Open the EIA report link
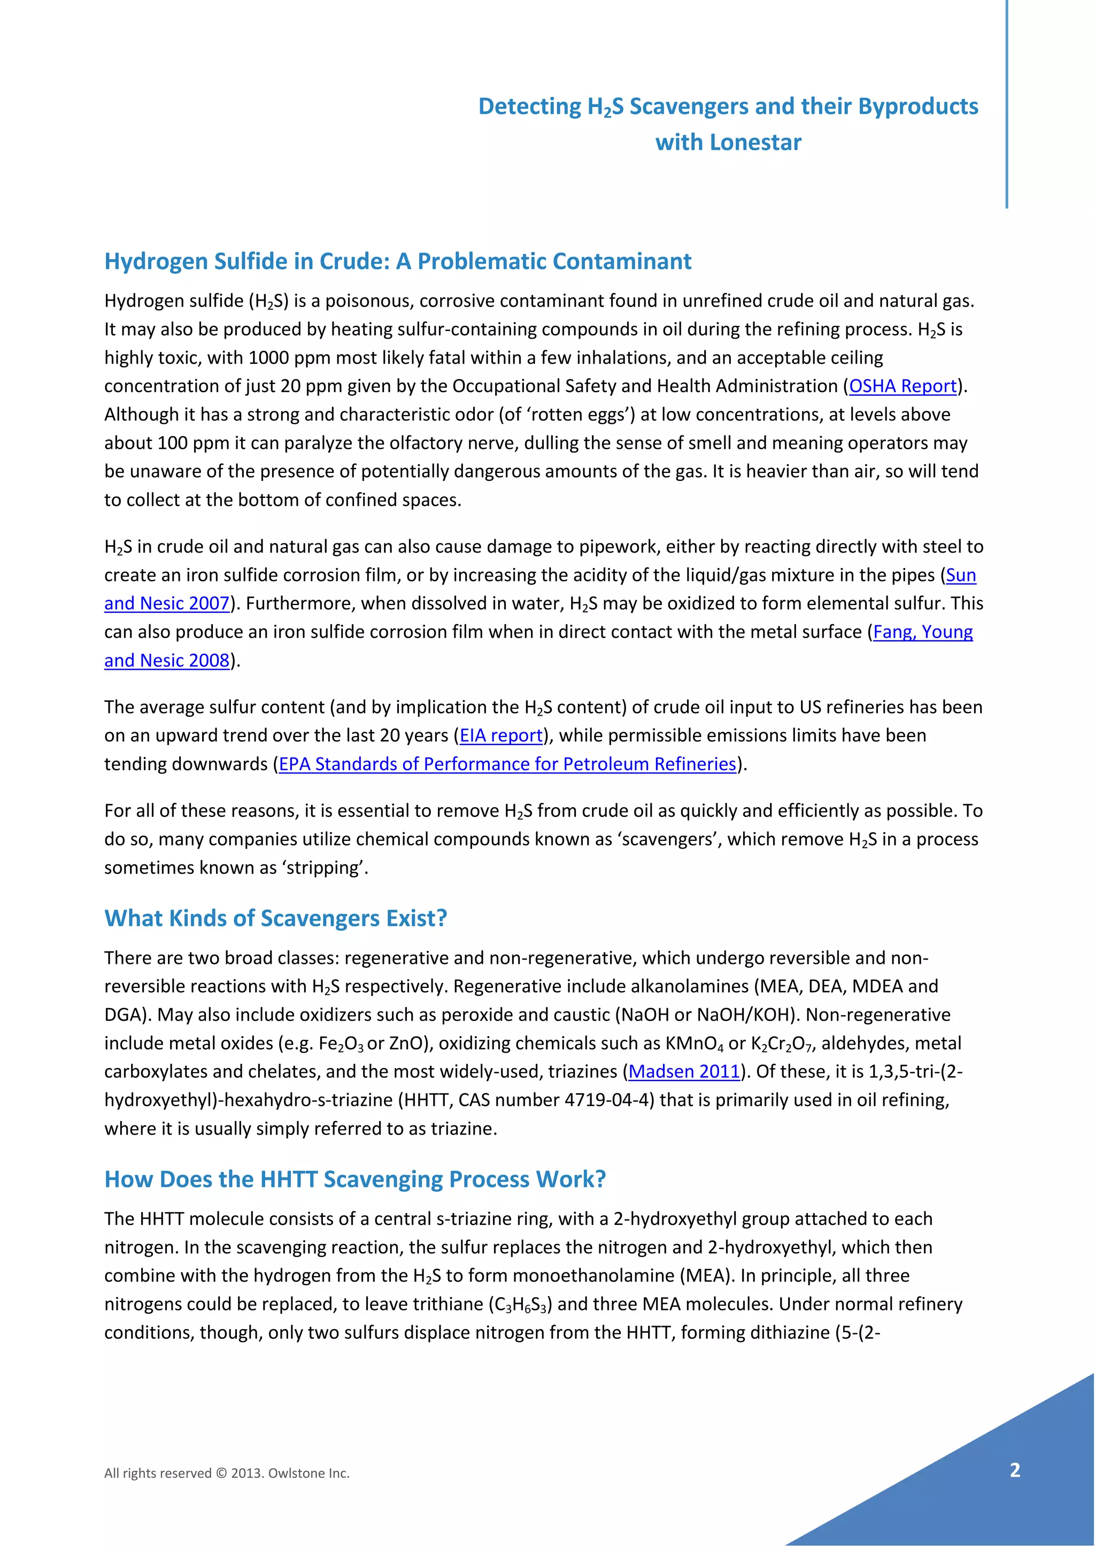pos(501,735)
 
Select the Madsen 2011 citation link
pos(684,1071)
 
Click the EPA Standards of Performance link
pos(507,764)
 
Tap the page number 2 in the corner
pos(1015,1470)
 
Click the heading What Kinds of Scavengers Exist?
pos(276,918)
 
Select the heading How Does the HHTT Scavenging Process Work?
pos(354,1179)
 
